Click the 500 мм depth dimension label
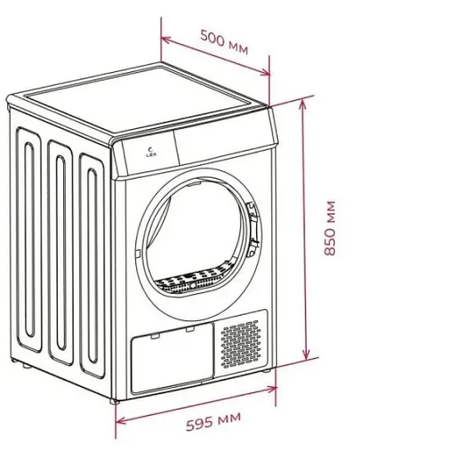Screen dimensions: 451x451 tap(225, 41)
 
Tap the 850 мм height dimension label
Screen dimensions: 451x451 tap(330, 228)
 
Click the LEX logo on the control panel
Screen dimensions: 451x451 tap(149, 152)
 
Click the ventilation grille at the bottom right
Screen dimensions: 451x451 tap(241, 344)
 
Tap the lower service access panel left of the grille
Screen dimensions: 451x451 tap(172, 358)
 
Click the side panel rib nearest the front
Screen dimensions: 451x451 tap(92, 266)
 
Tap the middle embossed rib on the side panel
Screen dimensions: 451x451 tap(60, 253)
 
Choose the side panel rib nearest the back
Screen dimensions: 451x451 tap(29, 240)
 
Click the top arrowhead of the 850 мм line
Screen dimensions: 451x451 tap(303, 104)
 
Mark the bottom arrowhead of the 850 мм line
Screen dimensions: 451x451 tap(306, 355)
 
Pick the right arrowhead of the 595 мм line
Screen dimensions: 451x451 tap(272, 389)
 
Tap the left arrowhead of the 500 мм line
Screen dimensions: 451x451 tap(165, 40)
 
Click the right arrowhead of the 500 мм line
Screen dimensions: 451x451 tap(264, 72)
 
